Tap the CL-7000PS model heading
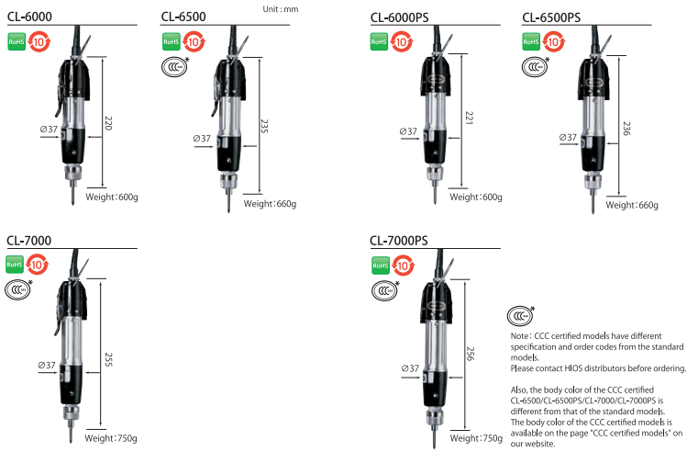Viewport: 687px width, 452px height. tap(399, 242)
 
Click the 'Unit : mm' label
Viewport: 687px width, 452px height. tap(281, 8)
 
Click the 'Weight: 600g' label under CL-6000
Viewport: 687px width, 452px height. tap(111, 197)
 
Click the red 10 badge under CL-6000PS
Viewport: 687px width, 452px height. tap(404, 42)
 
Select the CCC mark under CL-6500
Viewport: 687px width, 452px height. tap(174, 65)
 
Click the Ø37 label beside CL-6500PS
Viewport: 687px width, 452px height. tap(569, 138)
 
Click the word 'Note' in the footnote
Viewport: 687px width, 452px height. tap(519, 336)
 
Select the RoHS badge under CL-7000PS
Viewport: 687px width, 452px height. tap(381, 266)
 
